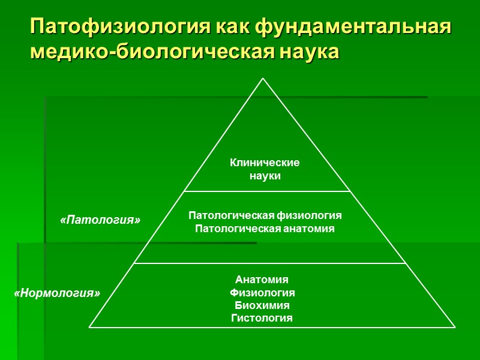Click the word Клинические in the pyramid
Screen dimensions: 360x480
265,163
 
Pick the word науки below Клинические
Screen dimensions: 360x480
265,176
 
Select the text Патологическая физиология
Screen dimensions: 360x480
265,215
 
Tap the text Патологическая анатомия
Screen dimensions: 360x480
265,229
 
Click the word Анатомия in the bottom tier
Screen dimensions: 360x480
262,280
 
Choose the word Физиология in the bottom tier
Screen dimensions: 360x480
262,293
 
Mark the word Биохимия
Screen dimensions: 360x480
262,305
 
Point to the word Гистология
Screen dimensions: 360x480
262,318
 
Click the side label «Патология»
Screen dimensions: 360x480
101,220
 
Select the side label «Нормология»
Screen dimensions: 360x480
57,293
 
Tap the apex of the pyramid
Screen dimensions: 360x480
263,79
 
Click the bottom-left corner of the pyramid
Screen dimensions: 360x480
90,327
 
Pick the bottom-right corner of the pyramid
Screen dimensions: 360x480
455,327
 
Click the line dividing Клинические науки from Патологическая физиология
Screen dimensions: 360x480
266,191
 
